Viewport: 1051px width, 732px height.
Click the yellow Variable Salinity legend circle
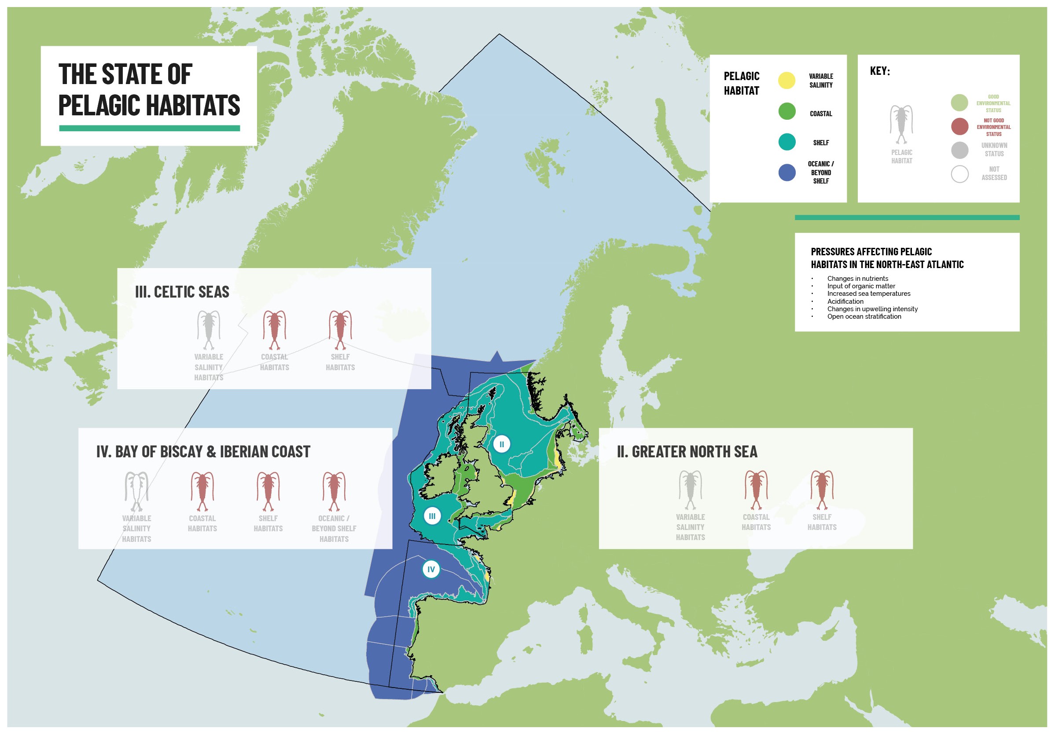(x=786, y=80)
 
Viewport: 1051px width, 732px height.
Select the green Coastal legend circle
(x=786, y=111)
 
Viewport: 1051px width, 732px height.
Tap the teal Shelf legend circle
(x=786, y=142)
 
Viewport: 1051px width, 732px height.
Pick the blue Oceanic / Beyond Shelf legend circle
(x=786, y=173)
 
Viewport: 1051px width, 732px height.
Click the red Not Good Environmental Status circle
(x=959, y=126)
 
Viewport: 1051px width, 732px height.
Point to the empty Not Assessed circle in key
(x=959, y=174)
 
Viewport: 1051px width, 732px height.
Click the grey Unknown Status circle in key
(x=959, y=150)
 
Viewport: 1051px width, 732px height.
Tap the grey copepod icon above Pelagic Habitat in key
(x=901, y=124)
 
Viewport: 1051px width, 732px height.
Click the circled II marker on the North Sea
(x=501, y=444)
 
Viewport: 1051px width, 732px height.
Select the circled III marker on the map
(x=432, y=516)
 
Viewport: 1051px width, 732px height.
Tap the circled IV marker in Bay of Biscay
(x=430, y=570)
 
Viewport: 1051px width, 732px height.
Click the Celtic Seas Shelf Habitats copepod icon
(x=340, y=330)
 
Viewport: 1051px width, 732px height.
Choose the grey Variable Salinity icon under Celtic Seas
(x=209, y=330)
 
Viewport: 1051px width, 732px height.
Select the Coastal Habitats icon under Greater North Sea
(x=756, y=490)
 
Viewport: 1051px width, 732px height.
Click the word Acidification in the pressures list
(x=845, y=301)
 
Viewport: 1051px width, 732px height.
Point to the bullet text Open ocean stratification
(x=864, y=316)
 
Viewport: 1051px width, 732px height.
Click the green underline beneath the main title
(x=149, y=128)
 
